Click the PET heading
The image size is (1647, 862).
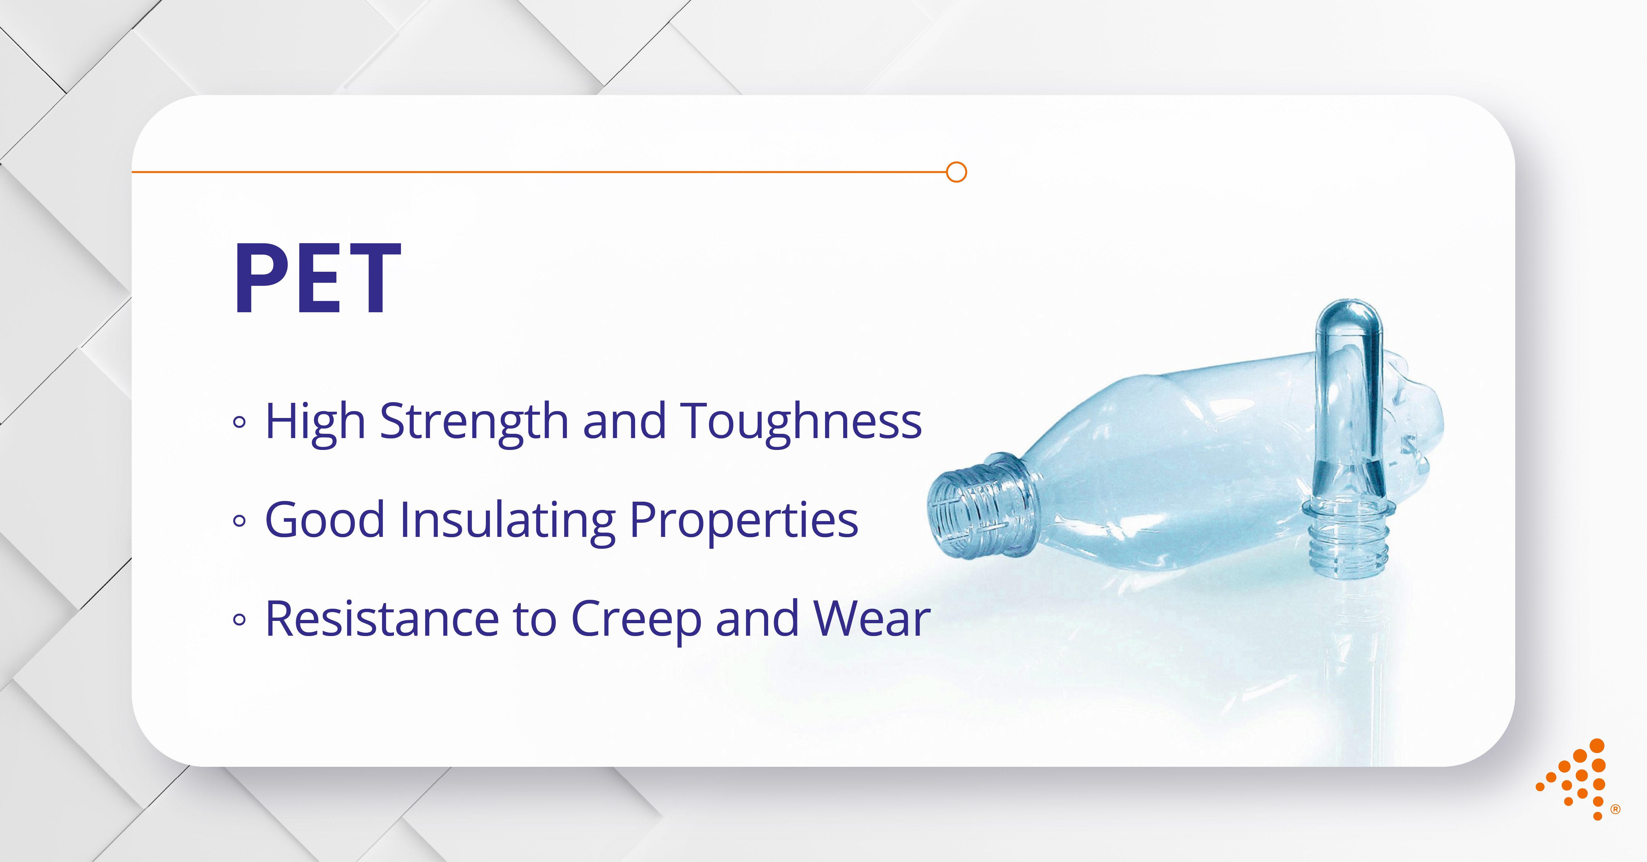[x=318, y=278]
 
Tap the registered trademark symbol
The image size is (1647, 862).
[x=1616, y=810]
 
